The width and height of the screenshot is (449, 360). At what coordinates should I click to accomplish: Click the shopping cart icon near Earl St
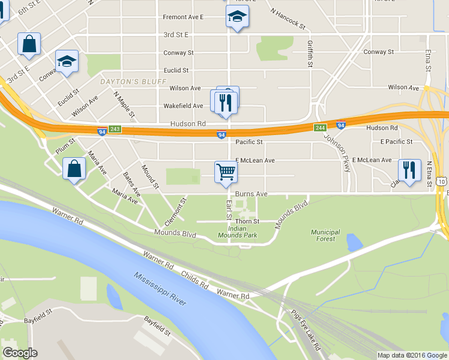point(226,172)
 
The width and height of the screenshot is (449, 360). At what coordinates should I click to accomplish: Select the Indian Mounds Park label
point(243,232)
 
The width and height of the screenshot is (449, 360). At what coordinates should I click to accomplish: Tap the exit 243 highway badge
point(115,129)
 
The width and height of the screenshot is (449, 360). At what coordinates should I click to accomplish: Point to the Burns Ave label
point(251,194)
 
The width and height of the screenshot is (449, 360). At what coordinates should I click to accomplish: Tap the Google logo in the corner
point(20,353)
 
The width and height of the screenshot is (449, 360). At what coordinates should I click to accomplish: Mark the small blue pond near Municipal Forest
point(354,242)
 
